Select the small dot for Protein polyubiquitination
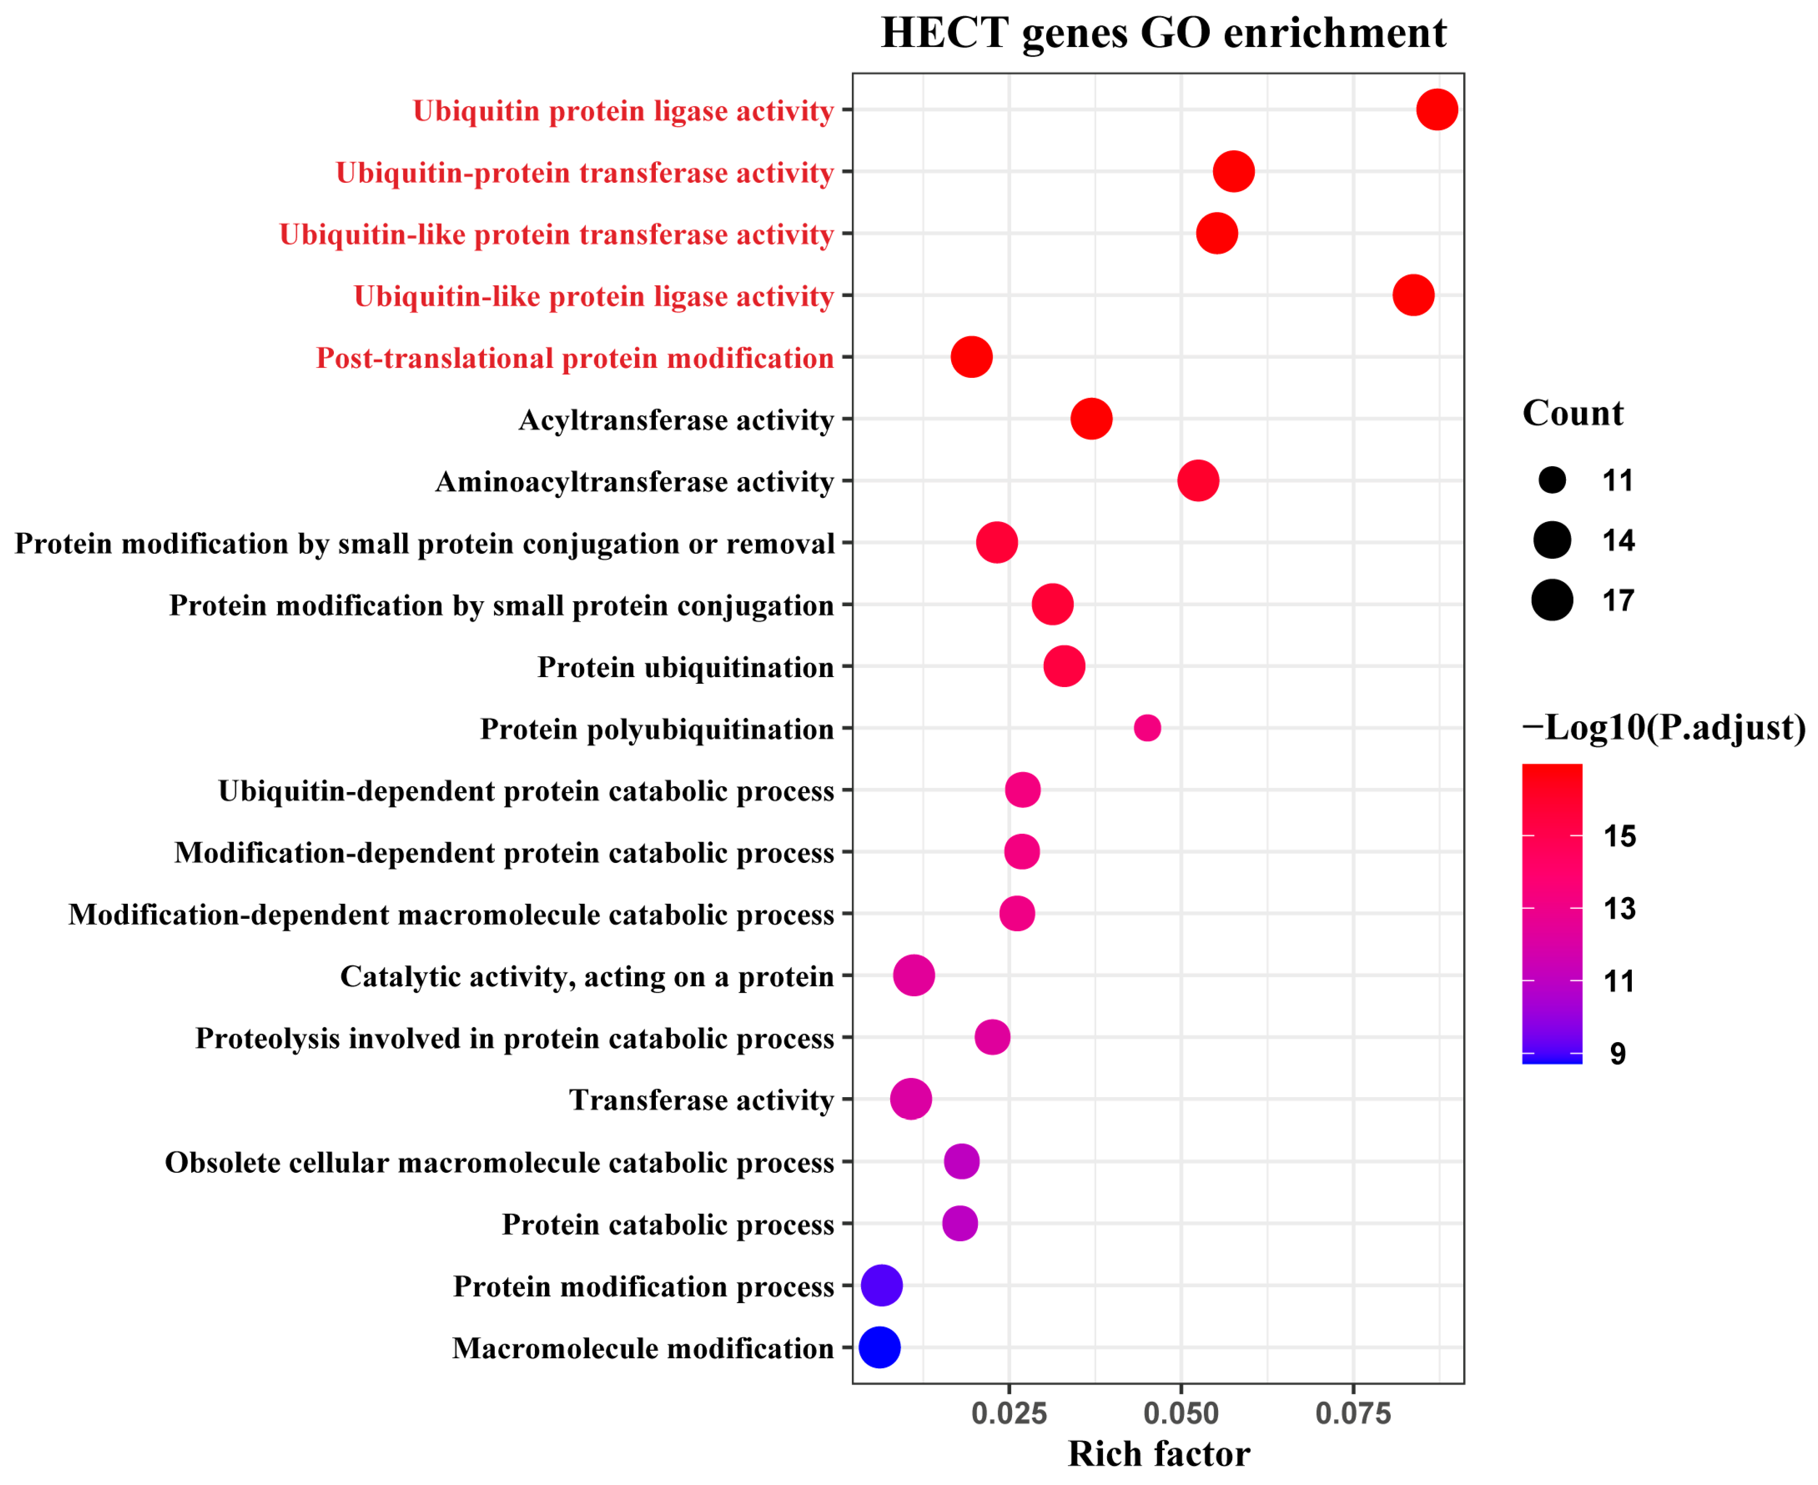click(x=1147, y=728)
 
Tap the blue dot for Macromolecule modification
click(x=879, y=1347)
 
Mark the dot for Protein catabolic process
click(x=960, y=1223)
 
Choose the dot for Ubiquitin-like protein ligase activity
click(x=1413, y=295)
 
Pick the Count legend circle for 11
click(x=1552, y=481)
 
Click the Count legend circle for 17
click(x=1552, y=600)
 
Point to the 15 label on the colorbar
click(x=1619, y=837)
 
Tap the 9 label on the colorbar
click(x=1617, y=1054)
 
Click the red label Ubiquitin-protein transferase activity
click(x=585, y=173)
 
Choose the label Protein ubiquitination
click(x=685, y=667)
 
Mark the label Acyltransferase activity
click(x=676, y=420)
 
